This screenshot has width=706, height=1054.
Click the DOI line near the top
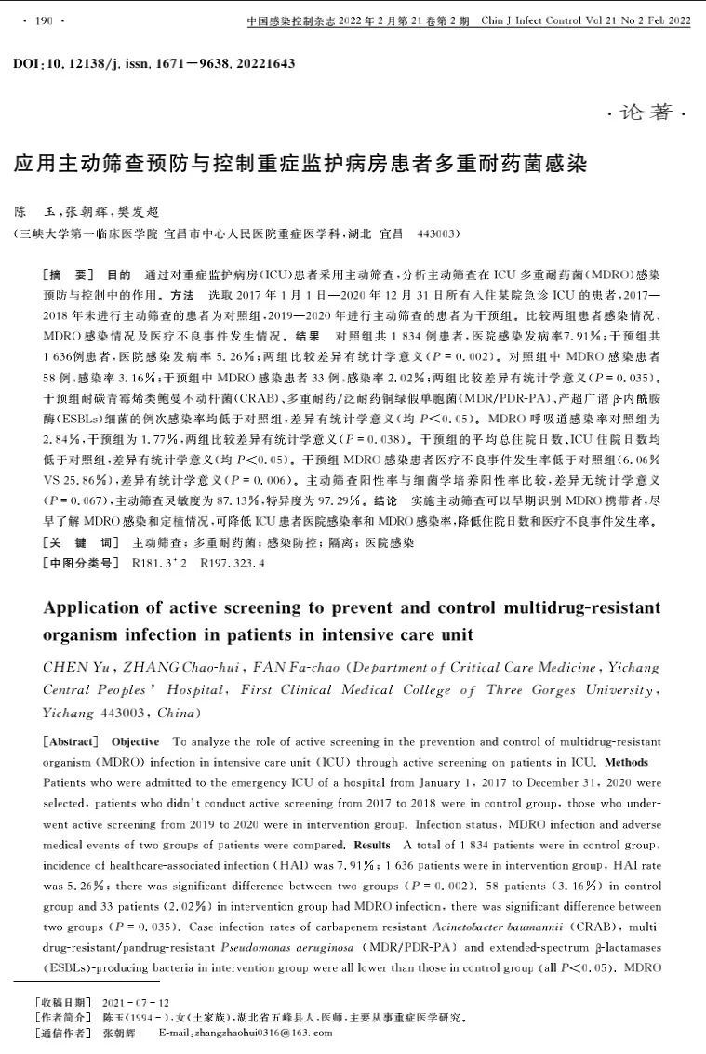(x=154, y=63)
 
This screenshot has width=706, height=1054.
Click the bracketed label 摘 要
(x=68, y=276)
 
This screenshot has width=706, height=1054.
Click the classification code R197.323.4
(x=233, y=563)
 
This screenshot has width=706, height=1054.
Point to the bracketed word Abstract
(x=70, y=741)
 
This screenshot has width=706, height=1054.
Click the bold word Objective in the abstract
(x=135, y=741)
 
